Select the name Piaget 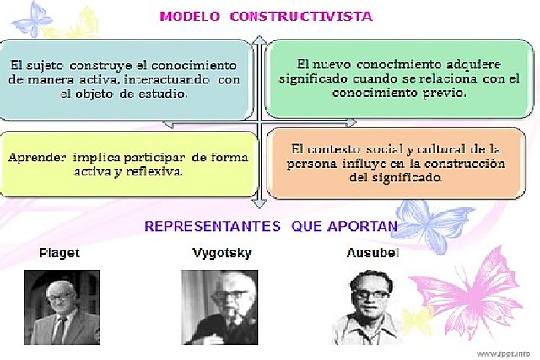59,253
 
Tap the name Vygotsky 221,253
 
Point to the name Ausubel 371,253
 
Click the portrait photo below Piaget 60,307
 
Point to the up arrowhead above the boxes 260,40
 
